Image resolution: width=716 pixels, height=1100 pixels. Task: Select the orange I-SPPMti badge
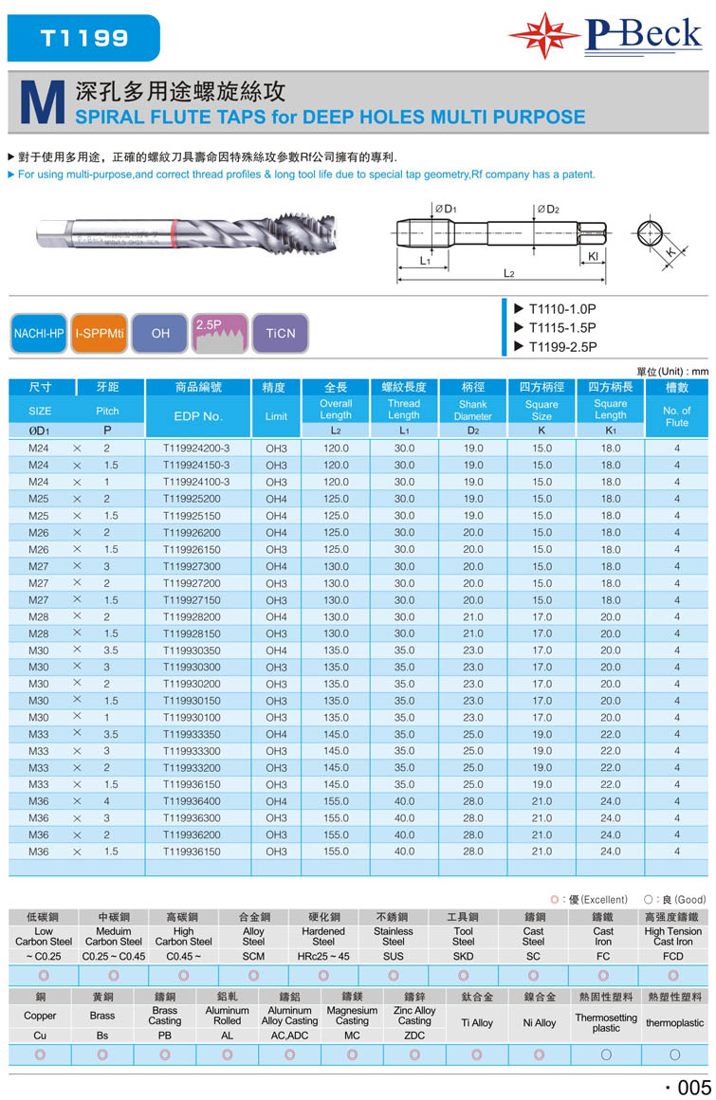100,333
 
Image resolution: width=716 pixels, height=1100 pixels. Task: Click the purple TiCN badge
281,333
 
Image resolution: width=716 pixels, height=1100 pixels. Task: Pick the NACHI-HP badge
39,333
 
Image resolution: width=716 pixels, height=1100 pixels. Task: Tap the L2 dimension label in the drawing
508,273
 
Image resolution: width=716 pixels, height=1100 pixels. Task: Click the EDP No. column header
198,416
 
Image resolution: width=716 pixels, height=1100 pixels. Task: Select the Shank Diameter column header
472,410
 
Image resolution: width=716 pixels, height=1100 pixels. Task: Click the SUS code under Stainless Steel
393,956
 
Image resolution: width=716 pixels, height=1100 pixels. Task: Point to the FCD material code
673,956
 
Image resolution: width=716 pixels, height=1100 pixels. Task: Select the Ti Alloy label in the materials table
477,1023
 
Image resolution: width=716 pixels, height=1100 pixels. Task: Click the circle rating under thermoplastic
674,1054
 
